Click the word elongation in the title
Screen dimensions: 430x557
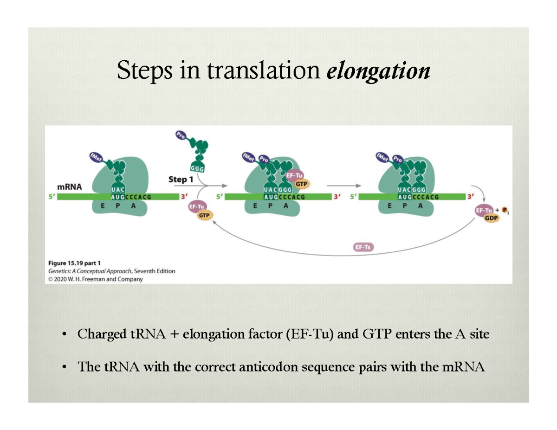click(x=378, y=71)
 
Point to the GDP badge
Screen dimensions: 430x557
click(x=492, y=218)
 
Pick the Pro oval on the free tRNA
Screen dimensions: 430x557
click(x=181, y=136)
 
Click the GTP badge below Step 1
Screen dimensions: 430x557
click(x=205, y=216)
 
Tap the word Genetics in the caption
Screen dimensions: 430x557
click(x=59, y=271)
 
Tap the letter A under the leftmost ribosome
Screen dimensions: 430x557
click(x=133, y=207)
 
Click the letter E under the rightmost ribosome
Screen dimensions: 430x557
click(x=389, y=207)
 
